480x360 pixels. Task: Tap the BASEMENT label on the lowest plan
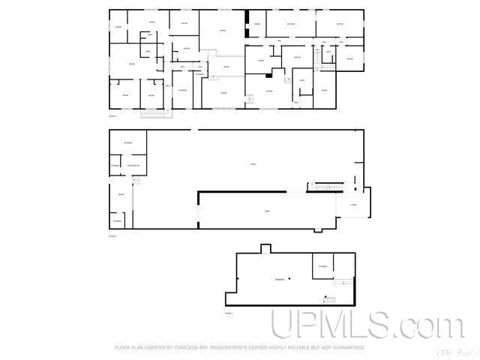[x=279, y=280]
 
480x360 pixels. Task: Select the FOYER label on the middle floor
[x=352, y=205]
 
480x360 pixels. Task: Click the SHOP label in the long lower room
[x=267, y=211]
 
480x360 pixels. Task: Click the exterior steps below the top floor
[x=152, y=113]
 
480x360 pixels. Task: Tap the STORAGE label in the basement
[x=322, y=266]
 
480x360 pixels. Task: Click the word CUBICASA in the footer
[x=196, y=348]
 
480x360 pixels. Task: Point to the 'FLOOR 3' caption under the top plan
[x=112, y=117]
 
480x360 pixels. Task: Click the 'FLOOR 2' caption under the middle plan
[x=112, y=235]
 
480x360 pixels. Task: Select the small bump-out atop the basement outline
[x=265, y=249]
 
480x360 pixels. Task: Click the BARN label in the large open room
[x=253, y=164]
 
